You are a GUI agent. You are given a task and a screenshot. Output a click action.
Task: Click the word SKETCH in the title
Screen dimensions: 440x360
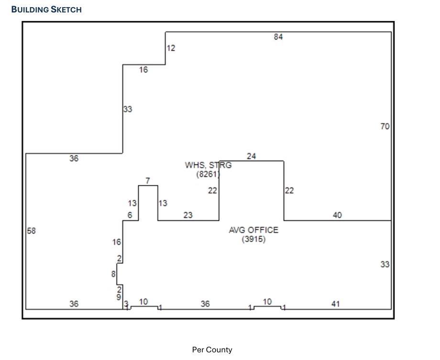point(66,10)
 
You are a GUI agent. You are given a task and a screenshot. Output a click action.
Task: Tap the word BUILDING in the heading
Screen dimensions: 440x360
point(30,10)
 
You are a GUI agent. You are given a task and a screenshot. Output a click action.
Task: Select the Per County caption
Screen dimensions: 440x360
point(212,349)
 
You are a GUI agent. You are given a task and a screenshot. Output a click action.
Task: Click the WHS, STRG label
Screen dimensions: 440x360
point(208,165)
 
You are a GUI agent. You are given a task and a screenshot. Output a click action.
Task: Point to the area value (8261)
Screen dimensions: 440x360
point(208,174)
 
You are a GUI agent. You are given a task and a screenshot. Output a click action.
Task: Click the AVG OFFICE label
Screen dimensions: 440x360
point(253,230)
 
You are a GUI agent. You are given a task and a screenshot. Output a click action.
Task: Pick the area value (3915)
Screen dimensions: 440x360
point(253,239)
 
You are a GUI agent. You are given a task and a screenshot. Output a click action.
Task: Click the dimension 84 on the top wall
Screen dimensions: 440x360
point(278,37)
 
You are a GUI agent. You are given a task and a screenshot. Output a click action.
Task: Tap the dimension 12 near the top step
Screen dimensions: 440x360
point(171,48)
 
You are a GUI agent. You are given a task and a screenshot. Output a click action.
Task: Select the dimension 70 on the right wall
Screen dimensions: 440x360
point(385,126)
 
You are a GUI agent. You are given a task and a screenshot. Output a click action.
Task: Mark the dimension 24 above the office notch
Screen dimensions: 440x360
point(252,156)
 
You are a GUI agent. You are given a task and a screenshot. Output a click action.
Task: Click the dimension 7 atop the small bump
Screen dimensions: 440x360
point(148,181)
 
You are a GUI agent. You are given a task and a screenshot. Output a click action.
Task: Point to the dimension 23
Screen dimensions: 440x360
point(188,215)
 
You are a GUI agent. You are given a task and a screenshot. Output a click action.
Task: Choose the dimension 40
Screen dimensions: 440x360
point(337,215)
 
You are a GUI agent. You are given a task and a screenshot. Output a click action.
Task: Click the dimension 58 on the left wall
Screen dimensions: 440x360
point(32,230)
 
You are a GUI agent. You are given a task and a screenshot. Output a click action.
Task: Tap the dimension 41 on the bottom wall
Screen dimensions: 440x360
point(336,304)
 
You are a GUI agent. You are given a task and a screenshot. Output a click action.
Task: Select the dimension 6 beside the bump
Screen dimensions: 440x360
point(130,215)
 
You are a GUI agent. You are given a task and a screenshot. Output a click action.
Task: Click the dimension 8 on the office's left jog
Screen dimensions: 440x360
point(113,274)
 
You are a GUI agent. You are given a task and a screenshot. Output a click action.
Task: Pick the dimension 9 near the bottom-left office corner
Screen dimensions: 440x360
point(119,297)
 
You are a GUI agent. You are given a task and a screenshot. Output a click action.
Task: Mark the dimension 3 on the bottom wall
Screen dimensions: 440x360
point(126,303)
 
